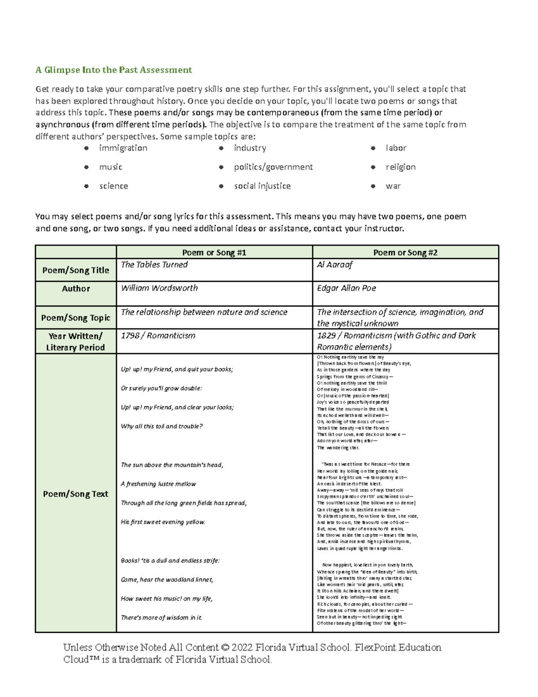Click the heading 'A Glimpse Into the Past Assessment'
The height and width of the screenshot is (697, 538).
(113, 70)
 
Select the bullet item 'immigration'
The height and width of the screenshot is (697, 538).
(123, 148)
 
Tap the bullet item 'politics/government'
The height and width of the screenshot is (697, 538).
(273, 167)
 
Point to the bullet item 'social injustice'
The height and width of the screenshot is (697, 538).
(262, 186)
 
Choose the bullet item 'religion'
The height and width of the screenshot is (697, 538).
(400, 167)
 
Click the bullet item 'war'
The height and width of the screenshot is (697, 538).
(393, 186)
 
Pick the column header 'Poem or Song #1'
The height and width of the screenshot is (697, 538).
(214, 253)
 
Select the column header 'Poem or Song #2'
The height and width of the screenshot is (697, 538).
(405, 253)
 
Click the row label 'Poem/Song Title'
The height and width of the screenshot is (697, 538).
(76, 270)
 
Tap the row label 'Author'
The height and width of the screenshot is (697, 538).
(76, 289)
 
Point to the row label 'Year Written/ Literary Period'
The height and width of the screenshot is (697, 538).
(76, 342)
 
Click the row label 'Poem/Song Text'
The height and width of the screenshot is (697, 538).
(76, 494)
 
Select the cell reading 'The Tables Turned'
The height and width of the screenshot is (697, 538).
(154, 265)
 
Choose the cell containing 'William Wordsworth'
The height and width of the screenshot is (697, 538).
(159, 288)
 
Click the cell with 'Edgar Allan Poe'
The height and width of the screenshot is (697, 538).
(346, 288)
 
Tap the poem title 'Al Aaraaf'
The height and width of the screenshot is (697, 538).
(334, 265)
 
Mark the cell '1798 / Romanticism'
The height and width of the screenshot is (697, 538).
(158, 336)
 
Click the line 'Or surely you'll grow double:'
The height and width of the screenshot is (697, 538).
(161, 388)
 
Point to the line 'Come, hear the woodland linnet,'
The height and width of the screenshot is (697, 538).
(167, 580)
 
